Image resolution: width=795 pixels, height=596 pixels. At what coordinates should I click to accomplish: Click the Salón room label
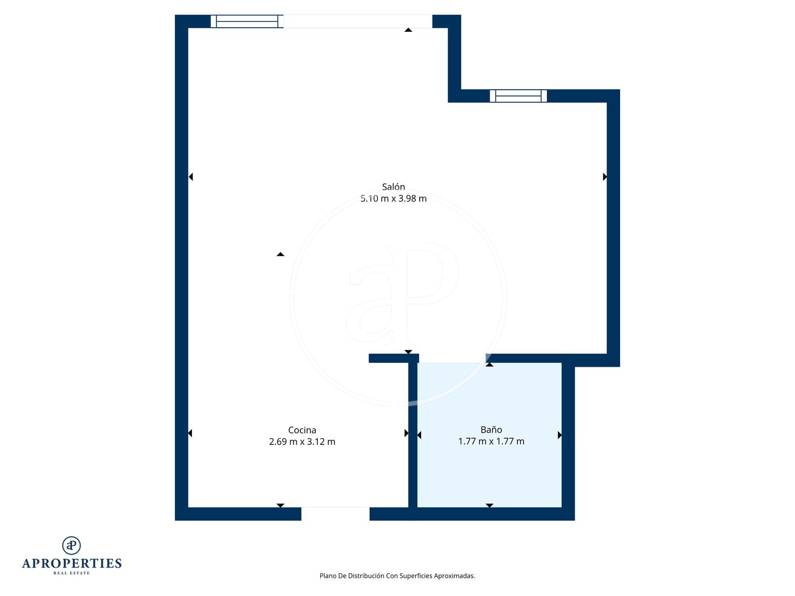click(394, 187)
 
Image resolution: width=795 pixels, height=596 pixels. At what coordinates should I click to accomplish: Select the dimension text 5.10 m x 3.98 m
click(394, 198)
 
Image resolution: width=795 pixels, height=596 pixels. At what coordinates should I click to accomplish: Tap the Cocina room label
click(302, 430)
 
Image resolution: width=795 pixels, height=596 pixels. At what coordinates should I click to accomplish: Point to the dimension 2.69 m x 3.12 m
click(302, 442)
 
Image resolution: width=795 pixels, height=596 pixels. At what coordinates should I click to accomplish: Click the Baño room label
click(491, 430)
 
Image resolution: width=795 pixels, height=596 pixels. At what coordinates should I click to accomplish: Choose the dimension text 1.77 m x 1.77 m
click(491, 441)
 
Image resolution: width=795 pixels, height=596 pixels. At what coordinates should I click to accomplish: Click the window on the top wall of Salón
click(246, 22)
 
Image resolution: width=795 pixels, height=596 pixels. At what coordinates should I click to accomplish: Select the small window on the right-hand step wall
click(518, 96)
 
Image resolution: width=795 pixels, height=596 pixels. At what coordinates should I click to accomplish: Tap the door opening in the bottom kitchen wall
click(336, 514)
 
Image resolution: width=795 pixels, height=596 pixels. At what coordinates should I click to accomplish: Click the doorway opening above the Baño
click(453, 358)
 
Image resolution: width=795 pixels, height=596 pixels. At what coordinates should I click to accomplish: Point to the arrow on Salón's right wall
click(605, 177)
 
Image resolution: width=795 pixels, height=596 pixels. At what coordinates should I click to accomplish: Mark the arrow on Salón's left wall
click(191, 177)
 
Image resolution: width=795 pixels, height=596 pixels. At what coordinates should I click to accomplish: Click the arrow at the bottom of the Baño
click(489, 505)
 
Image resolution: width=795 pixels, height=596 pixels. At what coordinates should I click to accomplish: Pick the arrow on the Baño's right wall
click(559, 435)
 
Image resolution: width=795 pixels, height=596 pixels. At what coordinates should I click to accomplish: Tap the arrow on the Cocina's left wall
click(190, 433)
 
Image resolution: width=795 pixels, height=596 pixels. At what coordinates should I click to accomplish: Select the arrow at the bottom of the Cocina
click(281, 505)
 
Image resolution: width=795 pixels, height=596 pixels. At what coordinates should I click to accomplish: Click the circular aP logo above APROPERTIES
click(72, 545)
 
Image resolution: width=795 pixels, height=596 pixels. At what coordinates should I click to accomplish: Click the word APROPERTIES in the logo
click(72, 564)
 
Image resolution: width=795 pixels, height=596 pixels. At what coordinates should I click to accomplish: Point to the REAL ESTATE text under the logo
click(72, 573)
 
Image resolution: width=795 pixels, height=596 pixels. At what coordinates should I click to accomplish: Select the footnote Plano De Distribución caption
click(397, 576)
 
